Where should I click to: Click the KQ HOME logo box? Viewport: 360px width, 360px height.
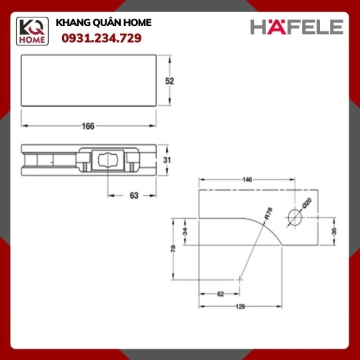32,31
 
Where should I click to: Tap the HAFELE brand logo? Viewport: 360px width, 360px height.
297,27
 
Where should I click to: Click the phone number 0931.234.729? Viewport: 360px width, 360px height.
101,38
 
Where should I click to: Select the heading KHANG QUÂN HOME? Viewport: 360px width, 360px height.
103,23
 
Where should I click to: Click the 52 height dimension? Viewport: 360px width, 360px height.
170,81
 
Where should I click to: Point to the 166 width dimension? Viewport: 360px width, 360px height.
88,126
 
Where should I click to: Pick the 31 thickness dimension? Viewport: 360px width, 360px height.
167,160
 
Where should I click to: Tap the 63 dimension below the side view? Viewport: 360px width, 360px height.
134,195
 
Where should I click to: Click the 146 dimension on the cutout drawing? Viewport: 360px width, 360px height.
247,179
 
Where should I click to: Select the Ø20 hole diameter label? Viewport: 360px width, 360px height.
307,203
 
